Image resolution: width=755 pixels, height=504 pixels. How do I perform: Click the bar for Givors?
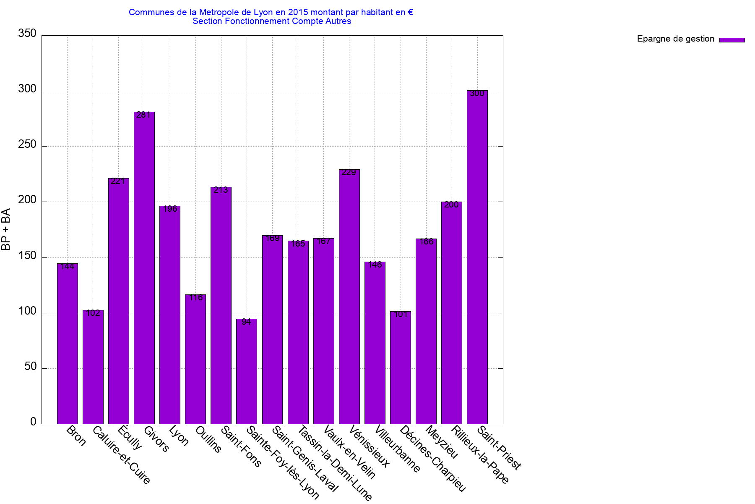pyautogui.click(x=144, y=269)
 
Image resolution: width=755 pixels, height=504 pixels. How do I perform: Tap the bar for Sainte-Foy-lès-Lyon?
pyautogui.click(x=247, y=371)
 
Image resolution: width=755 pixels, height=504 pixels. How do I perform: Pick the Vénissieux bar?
pyautogui.click(x=349, y=297)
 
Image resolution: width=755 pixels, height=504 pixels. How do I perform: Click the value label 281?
pyautogui.click(x=143, y=115)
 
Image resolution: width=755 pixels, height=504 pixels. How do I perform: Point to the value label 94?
pyautogui.click(x=246, y=322)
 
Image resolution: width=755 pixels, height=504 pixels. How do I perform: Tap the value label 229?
pyautogui.click(x=349, y=173)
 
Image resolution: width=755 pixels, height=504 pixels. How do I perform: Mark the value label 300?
pyautogui.click(x=477, y=94)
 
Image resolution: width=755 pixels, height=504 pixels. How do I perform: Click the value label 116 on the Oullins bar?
pyautogui.click(x=196, y=298)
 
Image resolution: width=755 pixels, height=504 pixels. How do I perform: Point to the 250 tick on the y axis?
pyautogui.click(x=27, y=144)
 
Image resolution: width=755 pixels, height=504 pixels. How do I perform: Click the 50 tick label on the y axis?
pyautogui.click(x=31, y=367)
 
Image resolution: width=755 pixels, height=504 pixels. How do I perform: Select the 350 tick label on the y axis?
pyautogui.click(x=27, y=34)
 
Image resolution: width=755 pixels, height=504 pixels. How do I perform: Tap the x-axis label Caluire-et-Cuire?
pyautogui.click(x=121, y=455)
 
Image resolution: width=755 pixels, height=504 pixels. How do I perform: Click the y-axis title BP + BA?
pyautogui.click(x=6, y=229)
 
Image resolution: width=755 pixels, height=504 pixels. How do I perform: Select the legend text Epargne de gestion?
pyautogui.click(x=675, y=39)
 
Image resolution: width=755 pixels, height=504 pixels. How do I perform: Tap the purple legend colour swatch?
pyautogui.click(x=732, y=40)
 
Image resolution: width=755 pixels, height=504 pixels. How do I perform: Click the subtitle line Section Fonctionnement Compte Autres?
pyautogui.click(x=272, y=21)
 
